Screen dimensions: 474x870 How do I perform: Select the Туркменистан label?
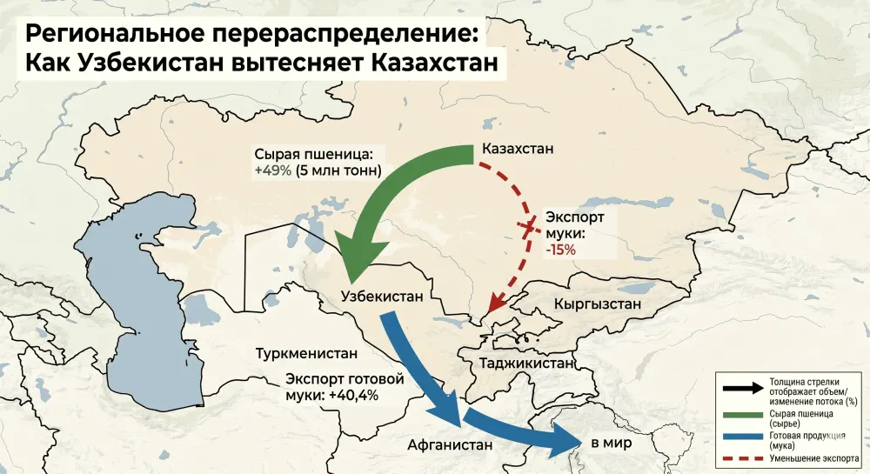coord(307,354)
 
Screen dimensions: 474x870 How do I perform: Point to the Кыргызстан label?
coord(597,304)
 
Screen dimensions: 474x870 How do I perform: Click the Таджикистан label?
coord(521,363)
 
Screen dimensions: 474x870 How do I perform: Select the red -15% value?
coord(560,250)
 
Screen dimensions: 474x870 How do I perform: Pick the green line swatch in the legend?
coord(740,417)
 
